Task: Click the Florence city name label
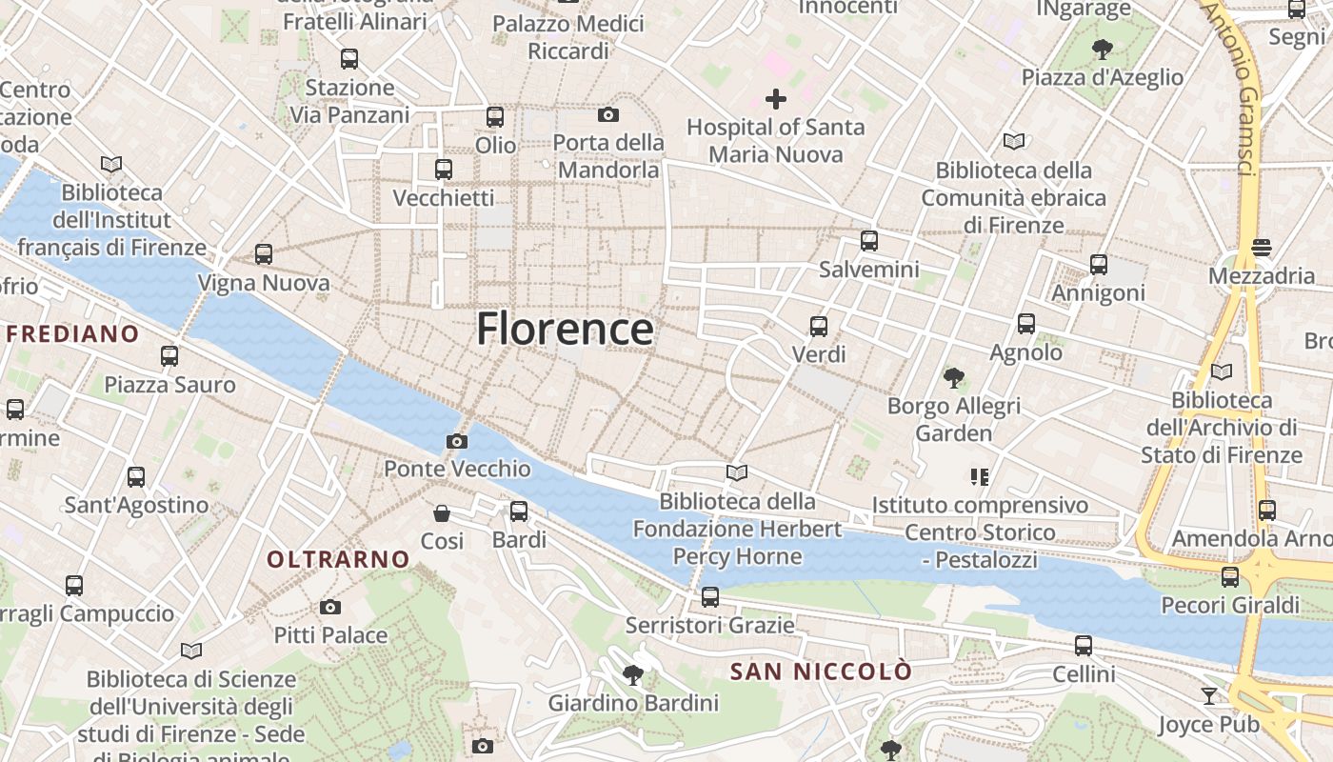click(x=565, y=330)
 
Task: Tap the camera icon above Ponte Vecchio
click(x=457, y=441)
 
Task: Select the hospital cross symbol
click(x=776, y=99)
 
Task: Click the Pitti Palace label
click(x=330, y=634)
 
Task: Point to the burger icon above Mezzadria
click(x=1262, y=248)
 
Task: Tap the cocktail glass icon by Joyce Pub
click(x=1209, y=696)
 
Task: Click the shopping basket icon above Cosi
click(x=442, y=514)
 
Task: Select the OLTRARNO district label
click(x=338, y=560)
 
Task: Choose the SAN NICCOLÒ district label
click(x=821, y=672)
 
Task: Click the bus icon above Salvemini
click(x=868, y=241)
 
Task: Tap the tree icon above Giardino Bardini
click(x=632, y=676)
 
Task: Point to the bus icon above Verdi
click(x=819, y=327)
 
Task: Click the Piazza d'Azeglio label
click(x=1102, y=77)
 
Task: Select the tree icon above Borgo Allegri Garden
click(x=953, y=378)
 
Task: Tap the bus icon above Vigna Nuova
click(x=264, y=255)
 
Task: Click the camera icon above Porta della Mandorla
click(x=608, y=115)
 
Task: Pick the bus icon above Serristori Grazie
click(x=709, y=597)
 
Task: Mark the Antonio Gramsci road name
click(x=1232, y=90)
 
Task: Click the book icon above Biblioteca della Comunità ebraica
click(x=1013, y=142)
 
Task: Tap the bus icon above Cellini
click(x=1084, y=646)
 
